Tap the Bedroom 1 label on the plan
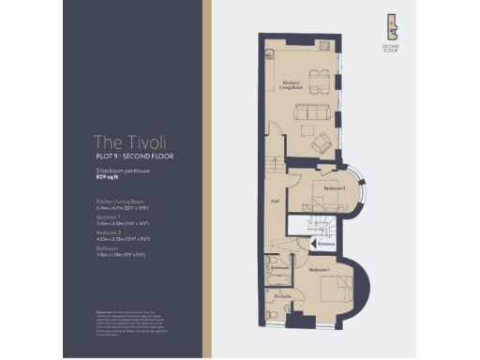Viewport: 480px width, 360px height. click(319, 269)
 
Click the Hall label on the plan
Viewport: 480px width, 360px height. click(276, 200)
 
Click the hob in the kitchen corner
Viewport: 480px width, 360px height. click(323, 46)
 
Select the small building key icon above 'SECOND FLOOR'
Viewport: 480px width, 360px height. click(392, 26)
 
